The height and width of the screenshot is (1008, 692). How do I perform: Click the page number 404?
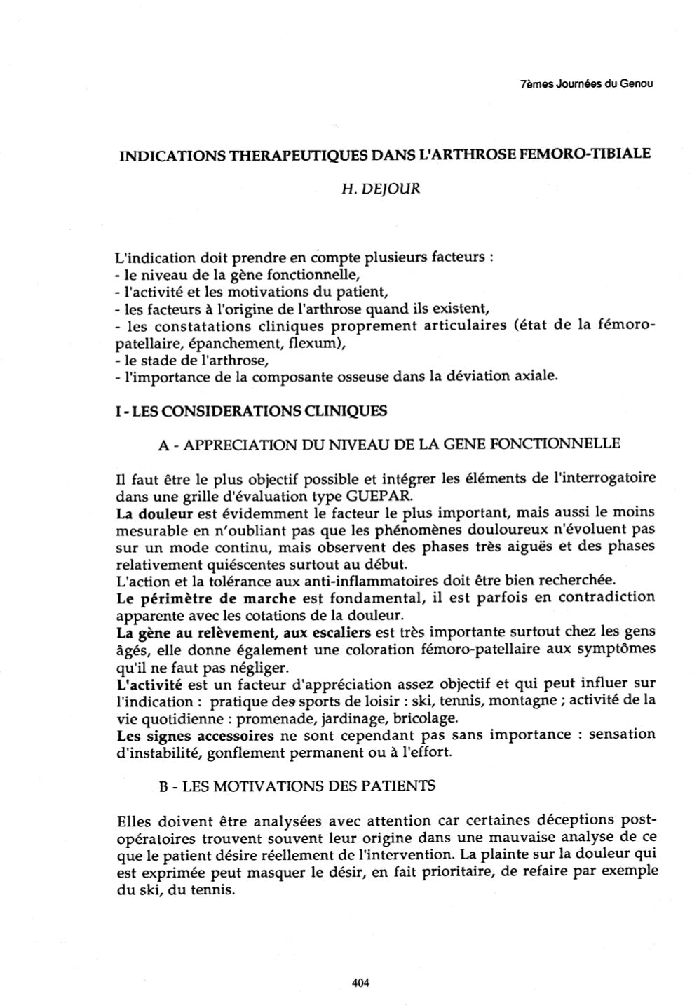pos(360,983)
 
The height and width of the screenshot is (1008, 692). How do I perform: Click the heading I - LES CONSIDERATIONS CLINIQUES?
pos(250,410)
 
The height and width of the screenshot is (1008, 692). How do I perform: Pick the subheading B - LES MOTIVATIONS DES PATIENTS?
pos(297,786)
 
